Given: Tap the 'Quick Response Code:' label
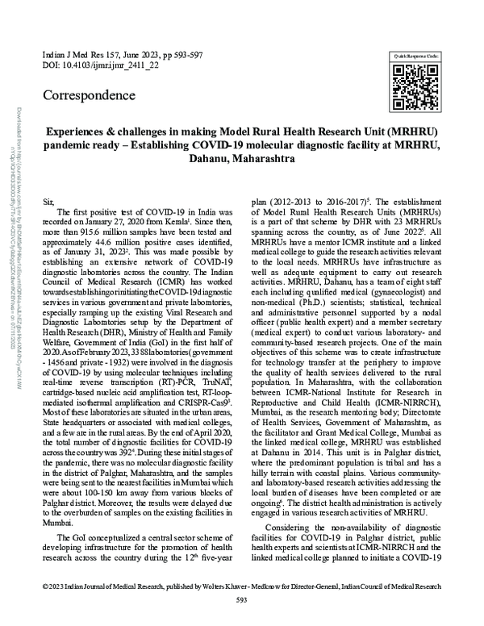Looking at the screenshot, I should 415,55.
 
